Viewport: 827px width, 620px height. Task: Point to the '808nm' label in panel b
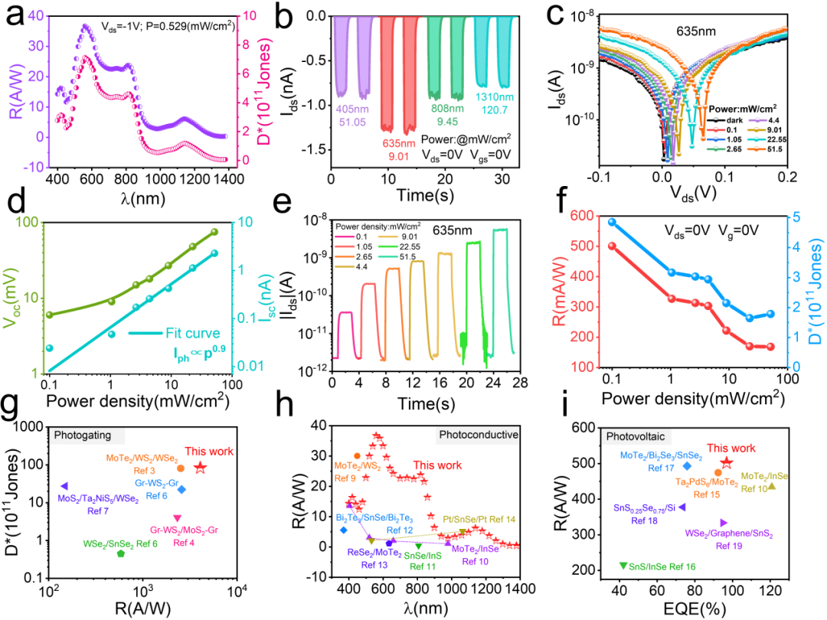(x=443, y=108)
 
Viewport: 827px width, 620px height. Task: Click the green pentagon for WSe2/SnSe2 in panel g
(x=120, y=553)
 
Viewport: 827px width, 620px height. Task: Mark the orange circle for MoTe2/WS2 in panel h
(x=357, y=456)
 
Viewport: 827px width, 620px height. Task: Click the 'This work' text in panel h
(x=438, y=465)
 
